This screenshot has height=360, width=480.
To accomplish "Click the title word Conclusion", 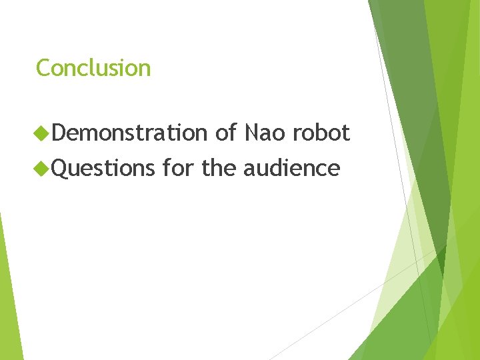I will click(93, 68).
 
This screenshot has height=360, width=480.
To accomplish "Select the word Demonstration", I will click(129, 133).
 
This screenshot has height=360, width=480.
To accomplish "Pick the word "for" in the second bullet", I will click(177, 168).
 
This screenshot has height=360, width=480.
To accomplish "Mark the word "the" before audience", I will click(219, 168).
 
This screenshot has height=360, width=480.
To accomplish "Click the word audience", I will click(291, 168).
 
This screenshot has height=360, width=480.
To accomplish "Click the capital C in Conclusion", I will click(43, 68).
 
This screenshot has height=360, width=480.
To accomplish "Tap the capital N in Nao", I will click(251, 133).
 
